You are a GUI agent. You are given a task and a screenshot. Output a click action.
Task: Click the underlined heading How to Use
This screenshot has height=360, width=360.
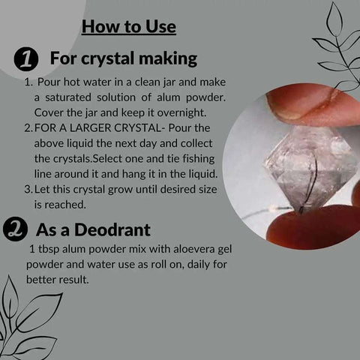pyautogui.click(x=129, y=26)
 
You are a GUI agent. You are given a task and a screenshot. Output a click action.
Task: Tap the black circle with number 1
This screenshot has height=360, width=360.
pyautogui.click(x=26, y=60)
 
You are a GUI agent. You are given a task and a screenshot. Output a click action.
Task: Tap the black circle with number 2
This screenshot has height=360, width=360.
pyautogui.click(x=15, y=229)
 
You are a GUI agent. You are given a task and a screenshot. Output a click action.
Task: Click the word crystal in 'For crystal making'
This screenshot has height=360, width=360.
pyautogui.click(x=109, y=58)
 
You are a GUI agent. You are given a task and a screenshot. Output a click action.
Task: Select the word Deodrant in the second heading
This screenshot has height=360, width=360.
pyautogui.click(x=112, y=229)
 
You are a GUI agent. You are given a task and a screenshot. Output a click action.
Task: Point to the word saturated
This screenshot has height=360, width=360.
pyautogui.click(x=68, y=97)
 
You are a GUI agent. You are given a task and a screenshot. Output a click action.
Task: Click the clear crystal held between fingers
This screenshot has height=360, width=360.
pyautogui.click(x=310, y=167)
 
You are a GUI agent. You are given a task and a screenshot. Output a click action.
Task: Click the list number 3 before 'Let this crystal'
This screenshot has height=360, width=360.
pyautogui.click(x=28, y=189)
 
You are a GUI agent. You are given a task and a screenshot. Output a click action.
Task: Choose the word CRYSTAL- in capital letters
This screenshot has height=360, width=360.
pyautogui.click(x=139, y=128)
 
